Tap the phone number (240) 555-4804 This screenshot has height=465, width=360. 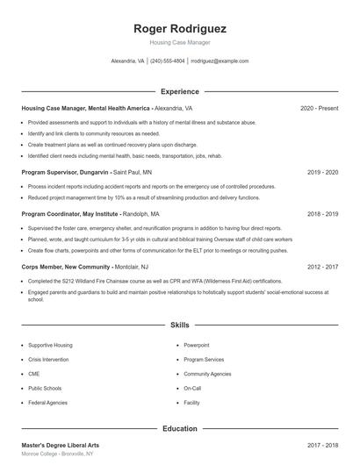coord(167,61)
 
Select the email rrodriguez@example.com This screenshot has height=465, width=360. coord(220,61)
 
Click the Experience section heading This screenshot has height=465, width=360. coord(179,91)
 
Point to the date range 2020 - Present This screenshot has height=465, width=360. coord(319,109)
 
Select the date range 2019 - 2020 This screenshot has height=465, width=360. coord(322,173)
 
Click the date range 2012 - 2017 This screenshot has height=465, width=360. coord(322,267)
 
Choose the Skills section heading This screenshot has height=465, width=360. coord(179,325)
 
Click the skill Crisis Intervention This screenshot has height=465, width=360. coord(50,360)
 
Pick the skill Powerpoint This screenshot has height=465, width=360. coord(197,346)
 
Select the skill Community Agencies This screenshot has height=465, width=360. coord(207,374)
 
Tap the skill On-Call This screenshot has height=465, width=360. coord(192,388)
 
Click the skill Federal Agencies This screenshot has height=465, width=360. coord(48,402)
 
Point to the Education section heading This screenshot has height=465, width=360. coord(179,428)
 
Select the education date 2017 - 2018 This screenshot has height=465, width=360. coord(322,446)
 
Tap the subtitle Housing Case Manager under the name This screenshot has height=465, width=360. coord(179,42)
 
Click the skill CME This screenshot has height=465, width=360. coord(34,374)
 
